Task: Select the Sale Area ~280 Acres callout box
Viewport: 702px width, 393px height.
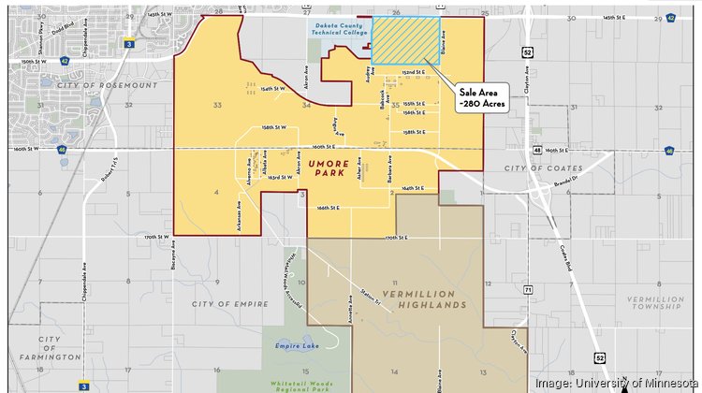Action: pyautogui.click(x=481, y=97)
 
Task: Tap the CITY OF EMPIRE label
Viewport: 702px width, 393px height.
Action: pyautogui.click(x=230, y=304)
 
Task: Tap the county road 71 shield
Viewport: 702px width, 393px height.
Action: pyautogui.click(x=528, y=291)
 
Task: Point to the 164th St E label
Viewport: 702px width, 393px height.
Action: pyautogui.click(x=413, y=188)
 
